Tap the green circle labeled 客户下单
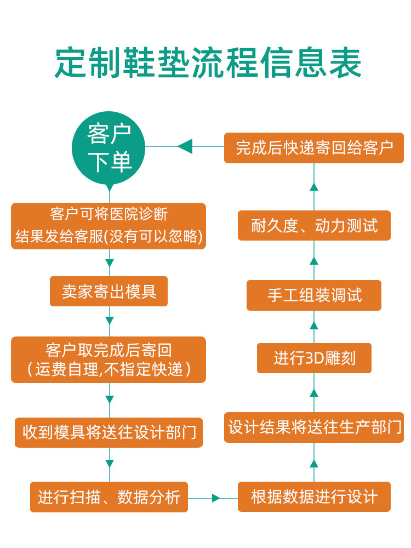110,147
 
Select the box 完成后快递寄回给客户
314,148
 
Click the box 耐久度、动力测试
314,225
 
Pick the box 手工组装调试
314,295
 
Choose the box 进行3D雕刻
314,358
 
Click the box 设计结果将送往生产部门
314,427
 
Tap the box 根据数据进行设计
314,497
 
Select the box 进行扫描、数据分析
109,497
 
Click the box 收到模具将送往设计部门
109,432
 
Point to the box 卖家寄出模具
109,291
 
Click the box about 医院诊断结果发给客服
109,226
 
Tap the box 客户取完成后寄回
109,359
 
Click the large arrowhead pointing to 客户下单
185,146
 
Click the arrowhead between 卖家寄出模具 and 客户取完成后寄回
110,320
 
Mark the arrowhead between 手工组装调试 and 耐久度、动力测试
314,261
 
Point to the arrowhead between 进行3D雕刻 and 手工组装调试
314,326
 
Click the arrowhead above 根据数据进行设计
314,464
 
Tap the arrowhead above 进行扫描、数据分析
110,464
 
